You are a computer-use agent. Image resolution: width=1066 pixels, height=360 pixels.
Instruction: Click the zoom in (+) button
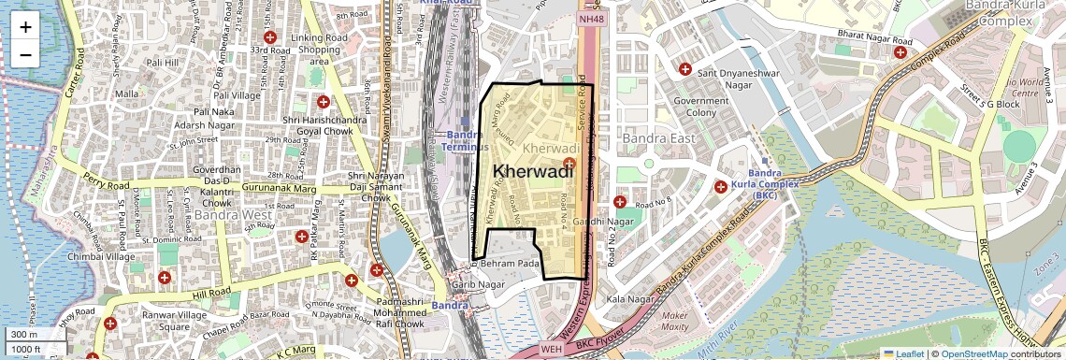pyautogui.click(x=25, y=26)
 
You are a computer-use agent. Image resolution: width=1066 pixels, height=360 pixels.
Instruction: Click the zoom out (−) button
pyautogui.click(x=25, y=54)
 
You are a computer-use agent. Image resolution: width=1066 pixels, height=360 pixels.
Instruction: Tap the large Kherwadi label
pyautogui.click(x=531, y=171)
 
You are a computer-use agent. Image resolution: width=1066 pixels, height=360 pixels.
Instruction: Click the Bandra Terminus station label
pyautogui.click(x=461, y=141)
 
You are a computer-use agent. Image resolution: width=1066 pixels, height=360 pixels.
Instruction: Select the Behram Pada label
pyautogui.click(x=510, y=266)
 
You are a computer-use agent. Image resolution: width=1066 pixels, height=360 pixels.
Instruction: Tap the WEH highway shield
pyautogui.click(x=551, y=350)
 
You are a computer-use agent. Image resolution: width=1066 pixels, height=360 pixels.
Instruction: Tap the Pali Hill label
pyautogui.click(x=162, y=63)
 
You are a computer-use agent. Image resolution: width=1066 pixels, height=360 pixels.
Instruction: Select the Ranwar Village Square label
pyautogui.click(x=160, y=321)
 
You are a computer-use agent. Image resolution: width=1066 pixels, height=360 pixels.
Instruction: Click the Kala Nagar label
pyautogui.click(x=627, y=299)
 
